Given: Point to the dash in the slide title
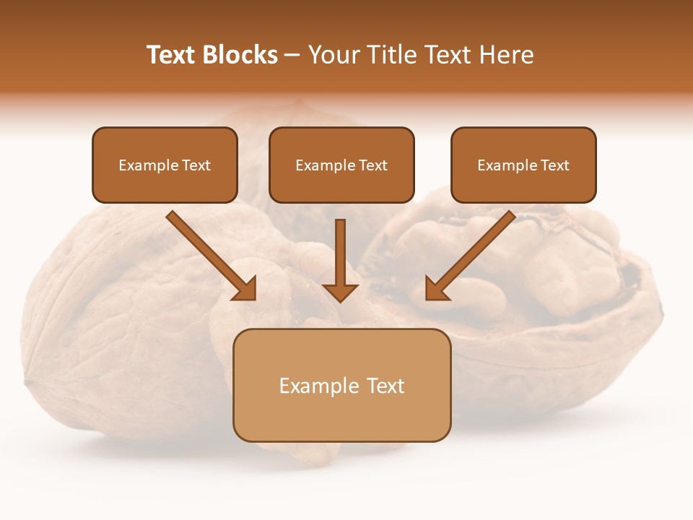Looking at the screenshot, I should point(292,56).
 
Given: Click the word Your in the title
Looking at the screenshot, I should point(333,55).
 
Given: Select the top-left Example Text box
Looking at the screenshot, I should point(165,165).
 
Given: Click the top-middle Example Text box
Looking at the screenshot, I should point(341,165).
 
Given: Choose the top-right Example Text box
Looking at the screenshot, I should point(523,165).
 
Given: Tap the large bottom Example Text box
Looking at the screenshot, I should point(341,385).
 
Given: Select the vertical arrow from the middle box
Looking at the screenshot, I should point(340,256).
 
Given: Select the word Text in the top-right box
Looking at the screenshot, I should point(554,165).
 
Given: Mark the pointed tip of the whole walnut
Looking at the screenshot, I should point(27,381).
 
